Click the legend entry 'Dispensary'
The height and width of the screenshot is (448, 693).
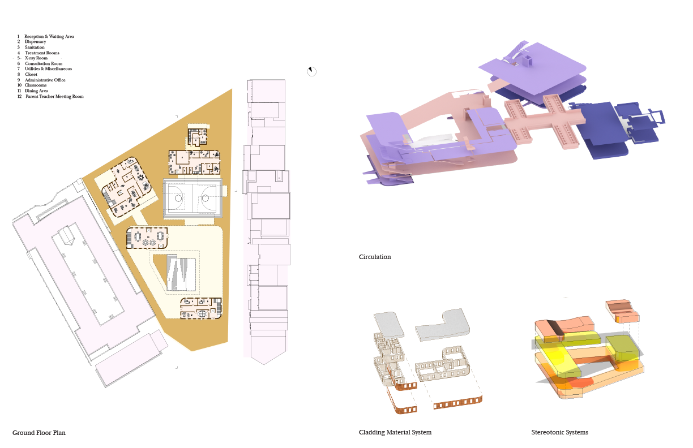tap(35, 42)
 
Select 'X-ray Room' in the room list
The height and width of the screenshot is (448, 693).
tap(36, 58)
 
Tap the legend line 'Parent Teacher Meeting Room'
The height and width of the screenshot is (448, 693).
tap(54, 97)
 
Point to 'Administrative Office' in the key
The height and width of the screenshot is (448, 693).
tap(45, 80)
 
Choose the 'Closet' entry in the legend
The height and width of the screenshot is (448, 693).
tap(31, 75)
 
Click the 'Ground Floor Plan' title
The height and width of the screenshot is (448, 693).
tap(39, 433)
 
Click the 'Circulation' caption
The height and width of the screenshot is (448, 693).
tap(375, 257)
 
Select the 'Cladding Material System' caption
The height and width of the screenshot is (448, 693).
tap(395, 432)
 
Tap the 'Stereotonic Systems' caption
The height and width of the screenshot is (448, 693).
tap(559, 432)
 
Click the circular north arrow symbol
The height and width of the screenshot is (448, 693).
tap(311, 71)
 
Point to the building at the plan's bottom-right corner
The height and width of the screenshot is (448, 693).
tap(201, 308)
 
